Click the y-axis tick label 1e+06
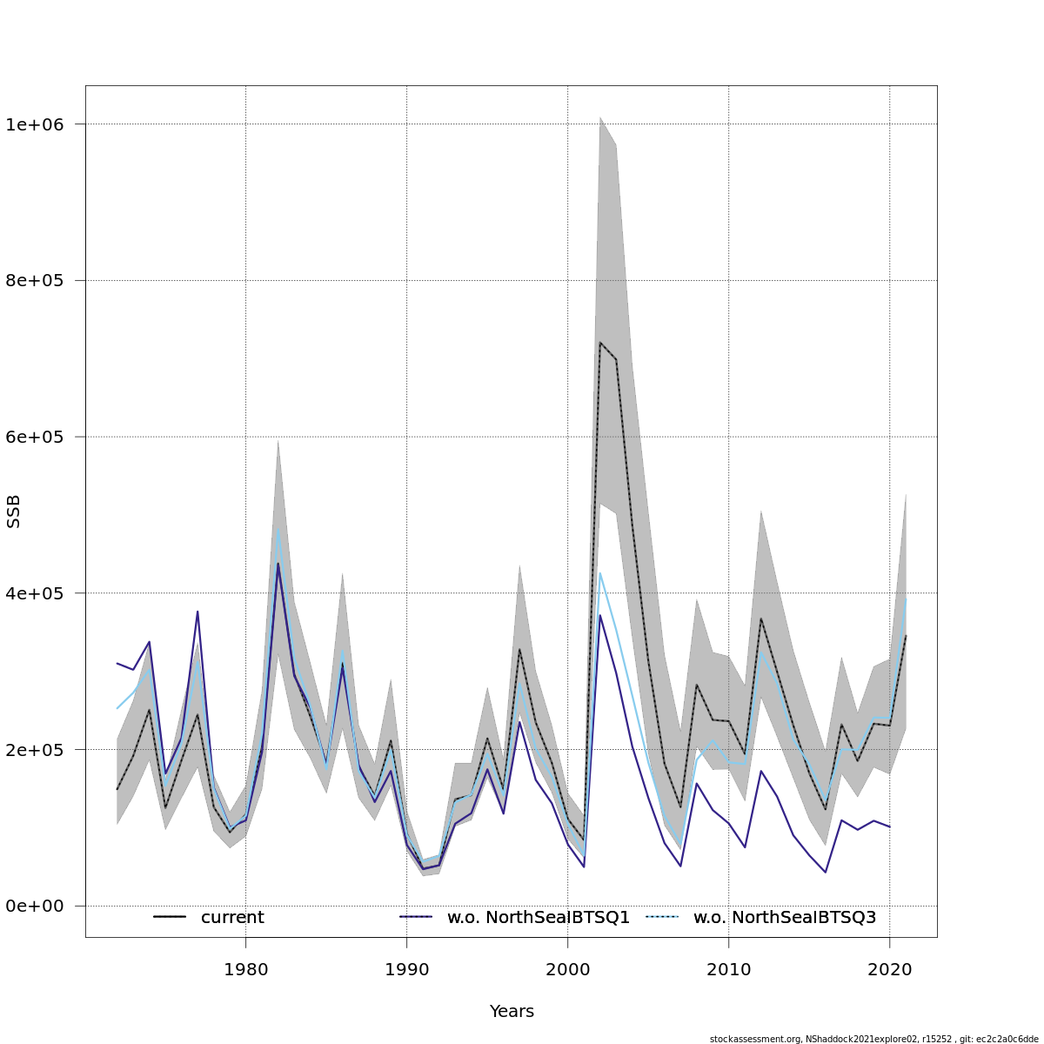pos(35,124)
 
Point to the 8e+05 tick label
pos(35,281)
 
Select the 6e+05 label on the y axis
pos(35,437)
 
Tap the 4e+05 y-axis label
pos(35,593)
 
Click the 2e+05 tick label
pos(35,750)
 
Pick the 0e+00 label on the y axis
pos(35,907)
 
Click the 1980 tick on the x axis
pos(245,968)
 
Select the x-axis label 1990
pos(406,968)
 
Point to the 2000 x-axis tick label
pos(567,968)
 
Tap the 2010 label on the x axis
pos(728,968)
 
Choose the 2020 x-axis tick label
pos(889,968)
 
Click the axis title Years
pos(512,1012)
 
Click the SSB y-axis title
pos(14,512)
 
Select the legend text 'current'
pos(232,918)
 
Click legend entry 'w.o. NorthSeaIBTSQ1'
pos(538,918)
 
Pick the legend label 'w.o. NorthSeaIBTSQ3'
pos(784,918)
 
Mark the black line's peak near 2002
pos(599,342)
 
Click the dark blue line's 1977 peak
pos(197,611)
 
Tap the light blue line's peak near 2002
pos(599,572)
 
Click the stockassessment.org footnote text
pos(873,1039)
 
